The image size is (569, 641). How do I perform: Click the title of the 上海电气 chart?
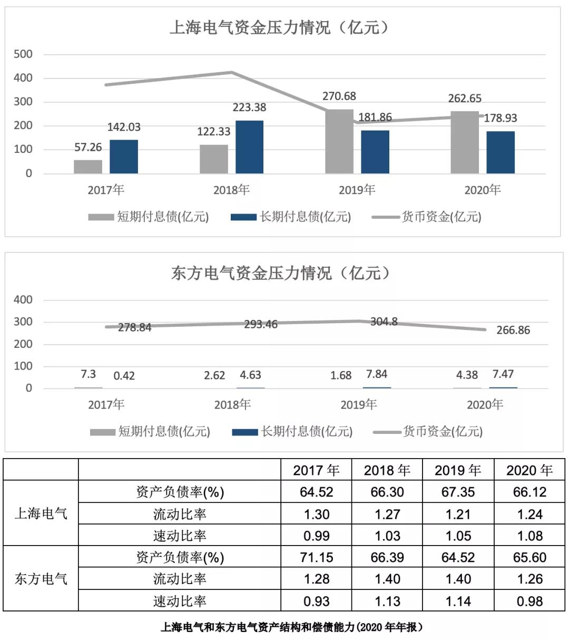pos(279,27)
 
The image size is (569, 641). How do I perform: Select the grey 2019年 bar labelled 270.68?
pos(339,141)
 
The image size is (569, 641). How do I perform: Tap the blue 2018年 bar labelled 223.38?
pos(249,147)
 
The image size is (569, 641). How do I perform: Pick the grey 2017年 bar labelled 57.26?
pos(88,167)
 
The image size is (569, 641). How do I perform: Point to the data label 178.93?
pos(501,118)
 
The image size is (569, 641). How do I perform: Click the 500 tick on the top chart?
pos(23,54)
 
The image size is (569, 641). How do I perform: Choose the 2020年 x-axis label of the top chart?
pos(483,190)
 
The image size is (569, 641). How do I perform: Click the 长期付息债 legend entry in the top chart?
pos(291,217)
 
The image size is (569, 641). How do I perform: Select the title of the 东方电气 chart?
pos(281,273)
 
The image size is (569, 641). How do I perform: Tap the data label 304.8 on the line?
pos(384,322)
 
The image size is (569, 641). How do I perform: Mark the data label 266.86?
pos(513,331)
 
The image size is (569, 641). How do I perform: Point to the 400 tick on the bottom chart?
pos(23,300)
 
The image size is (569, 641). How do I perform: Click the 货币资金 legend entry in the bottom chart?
pos(428,432)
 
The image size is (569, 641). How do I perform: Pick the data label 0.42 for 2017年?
pos(124,376)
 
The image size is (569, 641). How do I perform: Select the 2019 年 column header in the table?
pos(458,470)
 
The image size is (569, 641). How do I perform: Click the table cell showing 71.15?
pos(317,557)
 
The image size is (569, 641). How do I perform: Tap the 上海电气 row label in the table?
pos(41,513)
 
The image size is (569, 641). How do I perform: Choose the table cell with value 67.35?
pos(458,492)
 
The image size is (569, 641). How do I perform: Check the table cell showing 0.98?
pos(529,601)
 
